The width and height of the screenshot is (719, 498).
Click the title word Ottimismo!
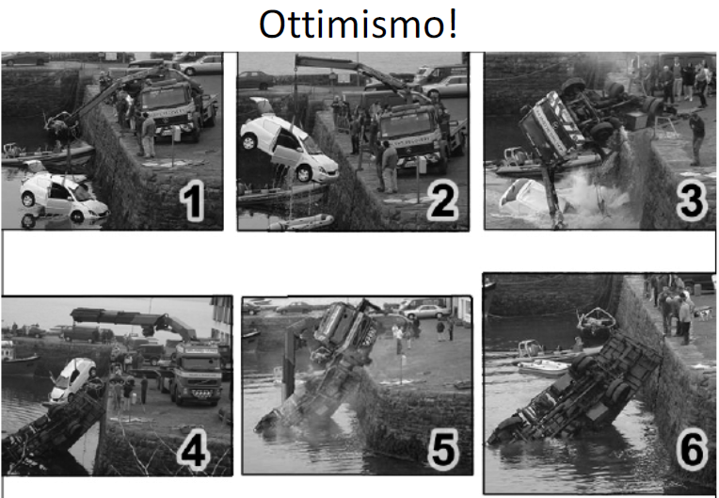tap(359, 24)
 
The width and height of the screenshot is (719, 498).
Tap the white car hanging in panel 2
tap(288, 146)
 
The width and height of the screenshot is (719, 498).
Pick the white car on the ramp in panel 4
tap(73, 378)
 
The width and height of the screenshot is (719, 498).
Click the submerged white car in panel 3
tap(527, 198)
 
